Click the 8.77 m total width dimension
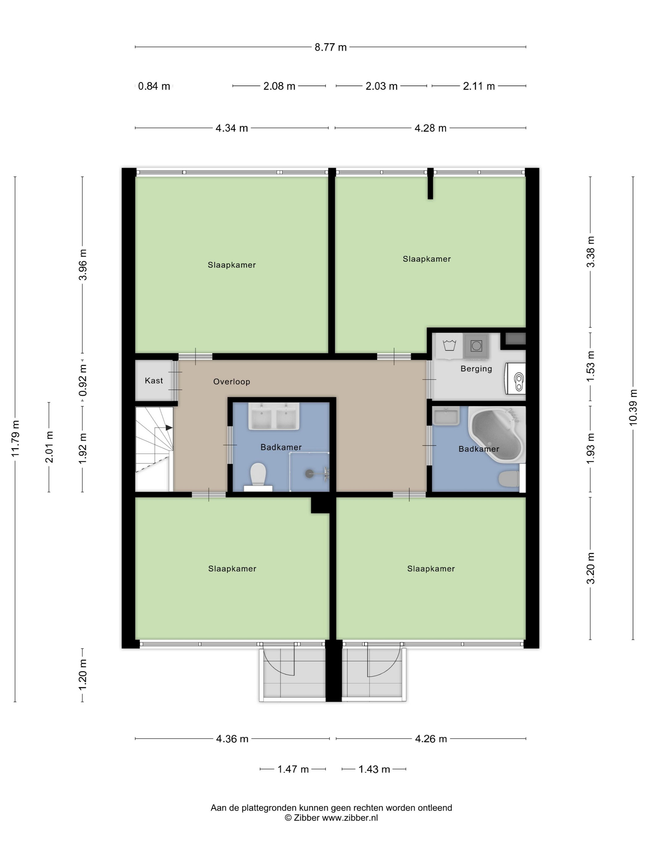coord(330,47)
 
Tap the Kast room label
coord(154,380)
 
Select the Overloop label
coord(232,382)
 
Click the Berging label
coord(476,369)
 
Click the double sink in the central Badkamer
coord(274,416)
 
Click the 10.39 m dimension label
coord(633,407)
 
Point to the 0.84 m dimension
coord(154,86)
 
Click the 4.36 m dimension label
coord(232,739)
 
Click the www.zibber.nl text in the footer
coord(350,817)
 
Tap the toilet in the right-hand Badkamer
coord(509,479)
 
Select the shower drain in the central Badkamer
coord(309,474)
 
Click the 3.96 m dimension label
coord(82,264)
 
